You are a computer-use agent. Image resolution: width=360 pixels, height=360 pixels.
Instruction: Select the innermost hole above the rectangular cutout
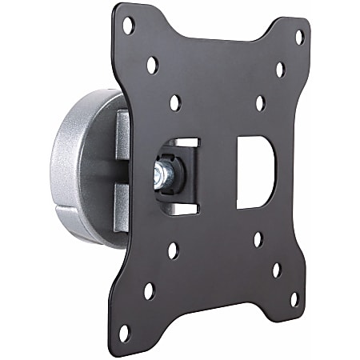tap(259, 104)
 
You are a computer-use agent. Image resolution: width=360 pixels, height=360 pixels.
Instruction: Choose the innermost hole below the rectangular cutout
tap(257, 238)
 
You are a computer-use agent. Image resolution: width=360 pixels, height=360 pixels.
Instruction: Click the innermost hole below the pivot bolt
tap(173, 250)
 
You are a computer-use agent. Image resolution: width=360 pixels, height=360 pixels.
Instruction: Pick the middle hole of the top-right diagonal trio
tap(280, 70)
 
